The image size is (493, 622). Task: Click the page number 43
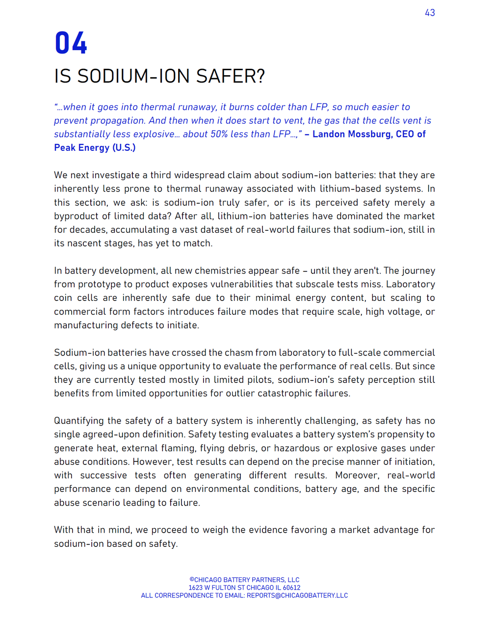[x=430, y=13]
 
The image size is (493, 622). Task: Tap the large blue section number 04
[x=71, y=43]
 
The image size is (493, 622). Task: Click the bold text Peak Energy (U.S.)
[x=95, y=148]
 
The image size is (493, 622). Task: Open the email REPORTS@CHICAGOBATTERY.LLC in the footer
[x=297, y=595]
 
